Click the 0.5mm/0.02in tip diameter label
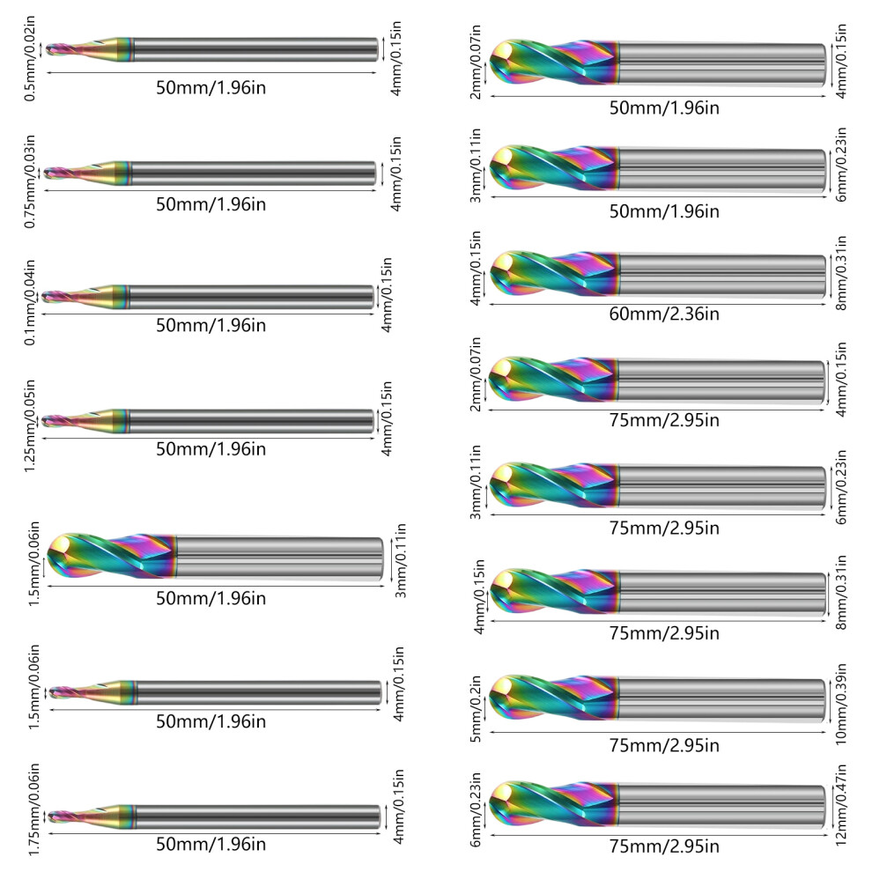click(30, 58)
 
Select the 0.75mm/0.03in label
click(30, 181)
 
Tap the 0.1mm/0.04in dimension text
click(30, 302)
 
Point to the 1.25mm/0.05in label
click(30, 426)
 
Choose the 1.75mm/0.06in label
click(34, 809)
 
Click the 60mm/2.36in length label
click(664, 314)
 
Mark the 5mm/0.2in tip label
click(476, 708)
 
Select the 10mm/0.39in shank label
click(841, 704)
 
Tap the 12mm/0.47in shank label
click(841, 805)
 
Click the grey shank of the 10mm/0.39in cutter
click(722, 699)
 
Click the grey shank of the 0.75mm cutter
click(254, 174)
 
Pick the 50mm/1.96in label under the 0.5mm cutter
click(211, 88)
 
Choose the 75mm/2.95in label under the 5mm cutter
click(664, 745)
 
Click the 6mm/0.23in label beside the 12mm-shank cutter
click(476, 809)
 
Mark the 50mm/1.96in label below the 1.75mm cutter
click(211, 844)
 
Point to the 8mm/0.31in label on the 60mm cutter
click(841, 272)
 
